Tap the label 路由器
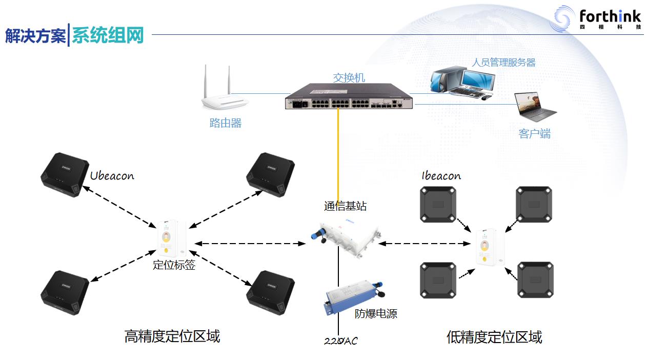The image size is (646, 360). click(x=226, y=123)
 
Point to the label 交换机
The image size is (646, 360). click(x=349, y=77)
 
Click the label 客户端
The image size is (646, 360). click(x=534, y=134)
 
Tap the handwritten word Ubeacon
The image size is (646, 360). click(x=112, y=176)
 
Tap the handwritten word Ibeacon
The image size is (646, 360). click(x=441, y=176)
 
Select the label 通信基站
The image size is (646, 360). click(x=346, y=206)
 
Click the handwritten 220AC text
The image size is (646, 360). click(x=341, y=341)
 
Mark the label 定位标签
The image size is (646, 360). click(x=174, y=266)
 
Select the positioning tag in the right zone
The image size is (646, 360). click(x=490, y=247)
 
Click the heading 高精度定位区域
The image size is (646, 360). click(x=172, y=336)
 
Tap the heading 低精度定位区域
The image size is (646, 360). click(x=494, y=337)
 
